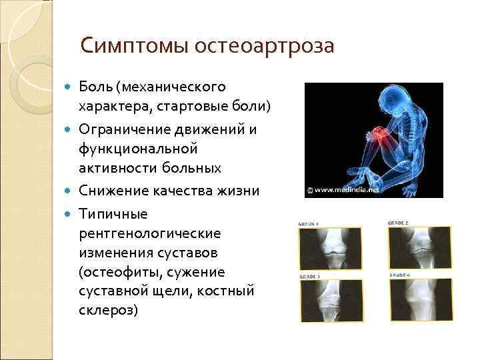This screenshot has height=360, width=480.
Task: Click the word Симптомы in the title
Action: (134, 46)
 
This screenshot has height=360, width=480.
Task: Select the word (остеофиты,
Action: (120, 272)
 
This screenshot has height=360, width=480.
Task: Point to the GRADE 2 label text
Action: (399, 222)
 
